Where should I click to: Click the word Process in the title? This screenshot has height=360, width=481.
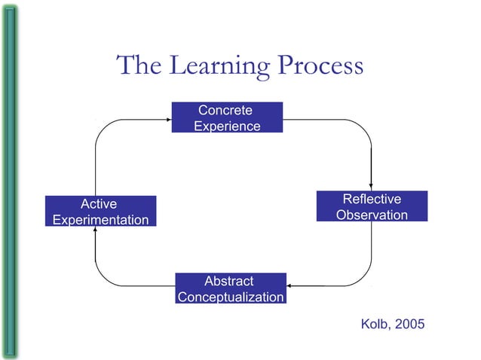(320, 66)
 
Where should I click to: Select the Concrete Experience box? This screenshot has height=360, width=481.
(227, 117)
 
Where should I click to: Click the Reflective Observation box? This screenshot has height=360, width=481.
(372, 206)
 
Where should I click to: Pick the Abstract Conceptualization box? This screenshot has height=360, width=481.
(230, 288)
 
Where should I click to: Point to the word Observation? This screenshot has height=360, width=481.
(372, 215)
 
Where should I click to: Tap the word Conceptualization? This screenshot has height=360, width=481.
(230, 297)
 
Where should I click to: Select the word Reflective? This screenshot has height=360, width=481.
(372, 199)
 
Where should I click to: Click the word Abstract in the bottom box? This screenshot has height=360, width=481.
(229, 281)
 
